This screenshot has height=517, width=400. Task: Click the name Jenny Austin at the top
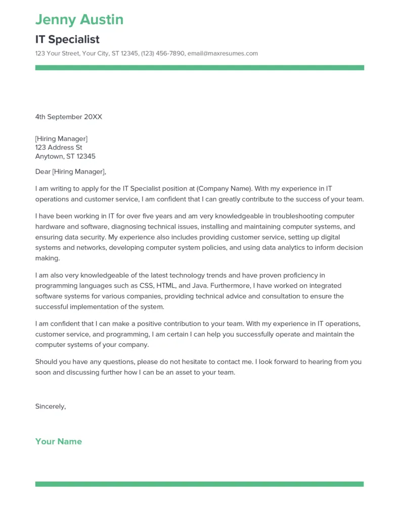[79, 20]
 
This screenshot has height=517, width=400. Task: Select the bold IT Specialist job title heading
[67, 39]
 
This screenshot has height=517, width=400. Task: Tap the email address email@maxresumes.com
[223, 54]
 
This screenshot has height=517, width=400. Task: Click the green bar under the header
[199, 68]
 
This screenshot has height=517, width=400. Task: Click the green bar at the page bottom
[199, 484]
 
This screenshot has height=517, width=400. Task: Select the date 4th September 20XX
[68, 117]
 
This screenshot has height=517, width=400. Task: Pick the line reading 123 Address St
[58, 147]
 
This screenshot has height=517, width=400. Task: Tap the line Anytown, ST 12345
[65, 157]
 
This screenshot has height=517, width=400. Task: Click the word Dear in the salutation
[43, 172]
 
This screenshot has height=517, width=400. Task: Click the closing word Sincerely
[51, 406]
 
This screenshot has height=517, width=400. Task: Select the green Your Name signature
[58, 441]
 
